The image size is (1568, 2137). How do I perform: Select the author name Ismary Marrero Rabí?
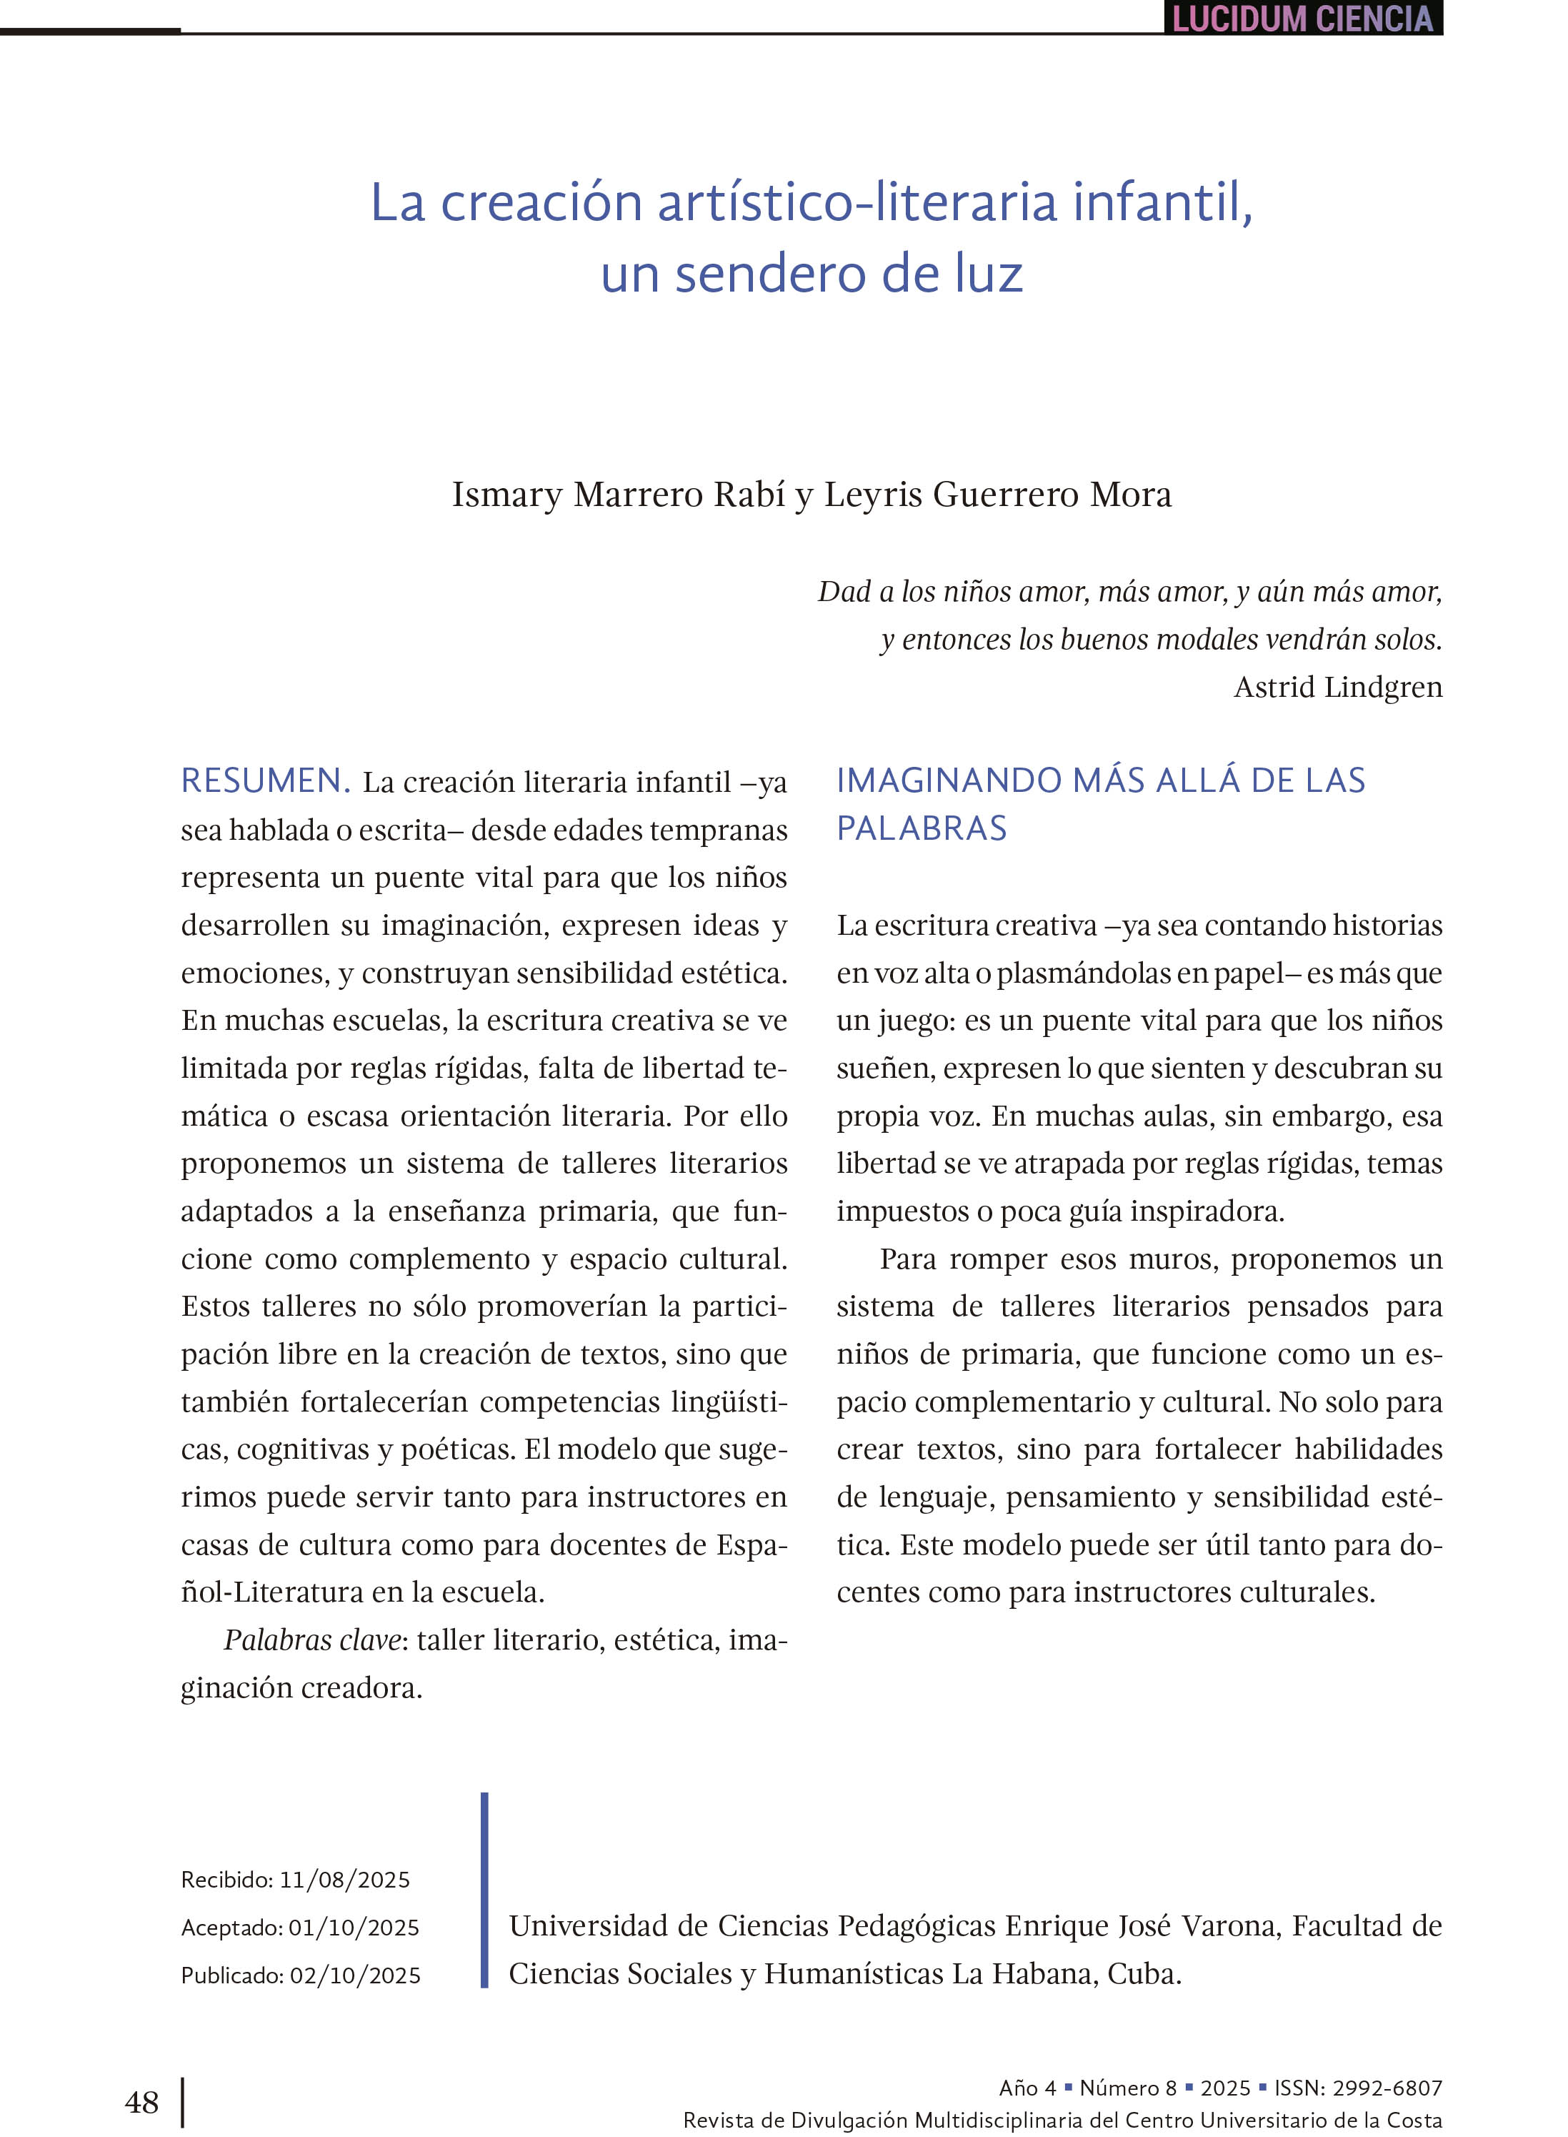[618, 495]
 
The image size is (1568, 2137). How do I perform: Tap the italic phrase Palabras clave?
[312, 1640]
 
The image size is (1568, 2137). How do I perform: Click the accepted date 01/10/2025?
[353, 1927]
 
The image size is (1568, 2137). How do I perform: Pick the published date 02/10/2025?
[354, 1975]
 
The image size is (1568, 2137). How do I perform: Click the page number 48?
[141, 2102]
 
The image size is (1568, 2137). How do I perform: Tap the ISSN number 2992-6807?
[1387, 2088]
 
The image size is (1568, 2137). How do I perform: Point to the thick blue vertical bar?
[484, 1889]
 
